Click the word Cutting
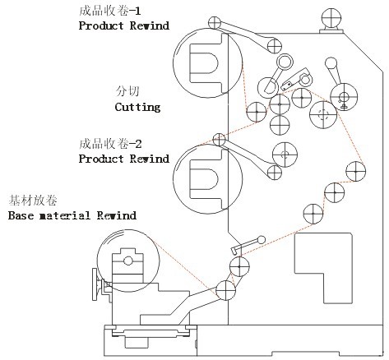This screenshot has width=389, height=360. [x=137, y=107]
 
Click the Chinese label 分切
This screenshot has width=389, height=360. [x=127, y=91]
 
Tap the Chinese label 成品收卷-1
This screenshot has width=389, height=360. [x=110, y=11]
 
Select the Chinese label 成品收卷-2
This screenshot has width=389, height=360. [x=110, y=144]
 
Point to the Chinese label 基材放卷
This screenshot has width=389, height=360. [x=33, y=201]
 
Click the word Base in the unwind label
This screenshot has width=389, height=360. [x=21, y=215]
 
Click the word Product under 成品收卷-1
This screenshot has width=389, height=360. [x=101, y=25]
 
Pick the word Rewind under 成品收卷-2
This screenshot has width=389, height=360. [x=150, y=159]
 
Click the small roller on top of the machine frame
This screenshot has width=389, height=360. [x=331, y=18]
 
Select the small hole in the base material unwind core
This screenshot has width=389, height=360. [x=128, y=261]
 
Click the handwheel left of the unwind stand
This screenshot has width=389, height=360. [x=95, y=284]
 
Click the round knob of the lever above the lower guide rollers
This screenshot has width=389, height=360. [x=262, y=240]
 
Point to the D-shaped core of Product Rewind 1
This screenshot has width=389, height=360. [x=204, y=62]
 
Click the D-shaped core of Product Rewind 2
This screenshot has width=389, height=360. [x=204, y=179]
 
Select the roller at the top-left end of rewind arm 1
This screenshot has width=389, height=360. [x=215, y=23]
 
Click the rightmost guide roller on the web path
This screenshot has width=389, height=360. [x=355, y=172]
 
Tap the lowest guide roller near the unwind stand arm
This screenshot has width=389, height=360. [x=225, y=290]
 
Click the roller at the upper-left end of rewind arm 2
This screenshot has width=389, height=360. [x=219, y=140]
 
